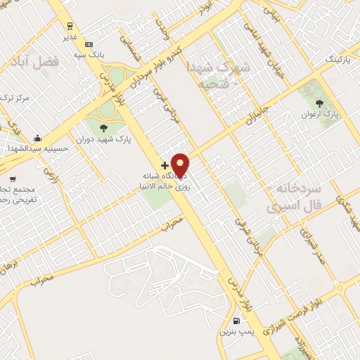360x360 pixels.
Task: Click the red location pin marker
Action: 181,165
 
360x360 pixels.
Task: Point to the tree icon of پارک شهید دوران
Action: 104,128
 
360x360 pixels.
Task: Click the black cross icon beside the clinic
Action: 165,165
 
